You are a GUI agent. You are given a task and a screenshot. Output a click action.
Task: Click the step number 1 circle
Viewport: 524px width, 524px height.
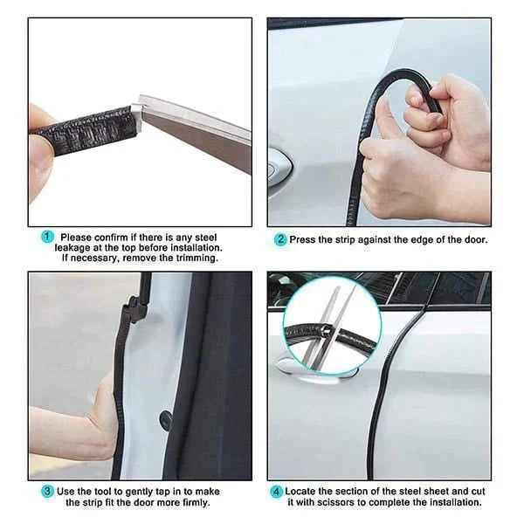coord(47,237)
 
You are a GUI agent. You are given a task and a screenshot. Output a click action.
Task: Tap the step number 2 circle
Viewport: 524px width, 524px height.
coord(280,239)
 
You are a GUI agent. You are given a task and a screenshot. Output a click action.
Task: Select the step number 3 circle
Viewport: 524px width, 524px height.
coord(47,491)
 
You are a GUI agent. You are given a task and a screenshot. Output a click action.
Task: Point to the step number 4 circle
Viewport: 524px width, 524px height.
coord(276,492)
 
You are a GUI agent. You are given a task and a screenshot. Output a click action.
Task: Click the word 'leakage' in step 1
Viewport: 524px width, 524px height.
coord(72,248)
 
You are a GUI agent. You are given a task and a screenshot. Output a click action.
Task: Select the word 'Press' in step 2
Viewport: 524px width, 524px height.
coord(301,239)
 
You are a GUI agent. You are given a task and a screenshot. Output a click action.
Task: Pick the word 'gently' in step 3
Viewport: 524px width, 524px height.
coord(140,492)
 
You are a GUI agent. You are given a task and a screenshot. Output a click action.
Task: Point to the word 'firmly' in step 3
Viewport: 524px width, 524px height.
coord(196,502)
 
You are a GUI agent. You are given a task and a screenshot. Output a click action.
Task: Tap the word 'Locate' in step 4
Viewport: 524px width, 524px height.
coord(300,491)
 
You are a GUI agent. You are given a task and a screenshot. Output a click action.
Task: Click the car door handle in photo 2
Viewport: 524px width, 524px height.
coord(280,166)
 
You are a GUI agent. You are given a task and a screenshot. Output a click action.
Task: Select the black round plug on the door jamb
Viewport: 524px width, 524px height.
coord(165,420)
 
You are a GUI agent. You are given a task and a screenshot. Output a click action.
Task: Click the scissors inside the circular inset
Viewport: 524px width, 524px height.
coord(332,329)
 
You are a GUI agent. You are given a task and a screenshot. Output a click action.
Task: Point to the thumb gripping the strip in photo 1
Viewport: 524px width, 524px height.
coord(41,153)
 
